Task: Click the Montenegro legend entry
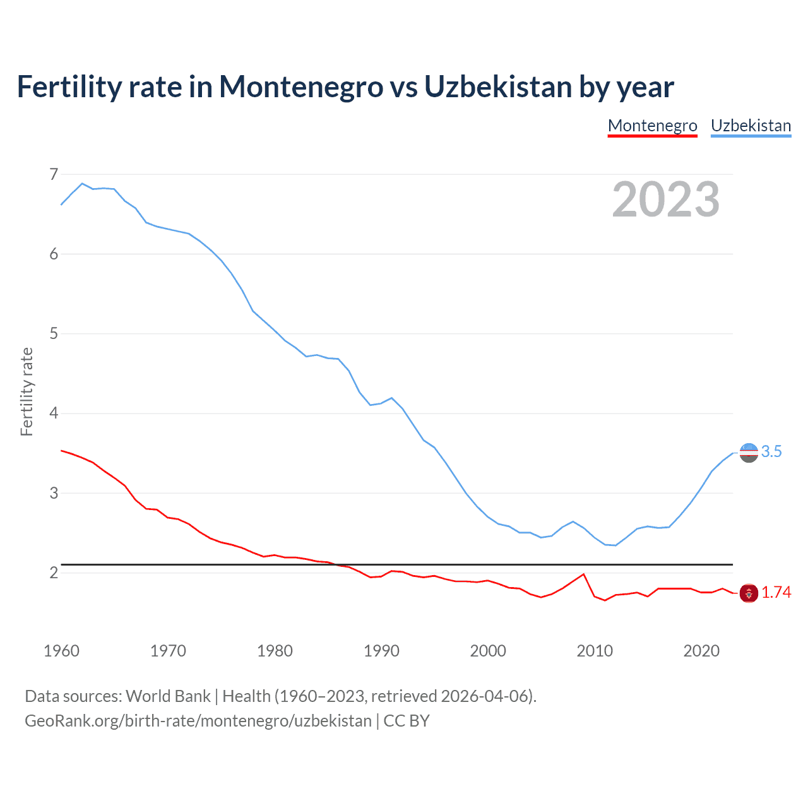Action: [652, 126]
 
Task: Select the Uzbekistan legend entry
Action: [751, 126]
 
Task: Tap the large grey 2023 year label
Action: [665, 199]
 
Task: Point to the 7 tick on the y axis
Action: [54, 174]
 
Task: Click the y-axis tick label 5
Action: [54, 333]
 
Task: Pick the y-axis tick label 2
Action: [54, 573]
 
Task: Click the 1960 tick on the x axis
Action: [61, 651]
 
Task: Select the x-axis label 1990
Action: [381, 651]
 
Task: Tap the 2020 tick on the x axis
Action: [701, 651]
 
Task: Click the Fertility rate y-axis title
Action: [27, 391]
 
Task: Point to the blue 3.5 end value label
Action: [771, 451]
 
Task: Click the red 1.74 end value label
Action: [776, 592]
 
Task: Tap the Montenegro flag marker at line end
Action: [749, 593]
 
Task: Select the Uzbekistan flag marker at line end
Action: [749, 453]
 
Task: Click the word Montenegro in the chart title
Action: [301, 86]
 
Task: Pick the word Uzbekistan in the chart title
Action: [497, 86]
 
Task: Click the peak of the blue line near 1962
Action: [82, 184]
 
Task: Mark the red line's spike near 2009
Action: [583, 574]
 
